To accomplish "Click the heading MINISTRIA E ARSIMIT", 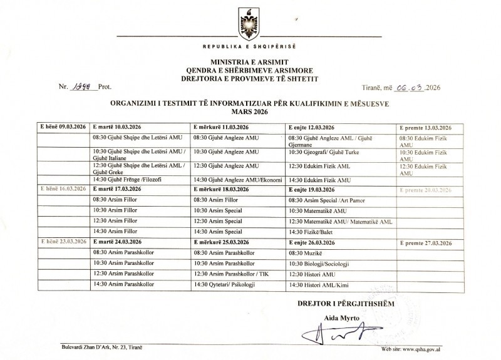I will (250, 63).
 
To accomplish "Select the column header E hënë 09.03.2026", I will (63, 126).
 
